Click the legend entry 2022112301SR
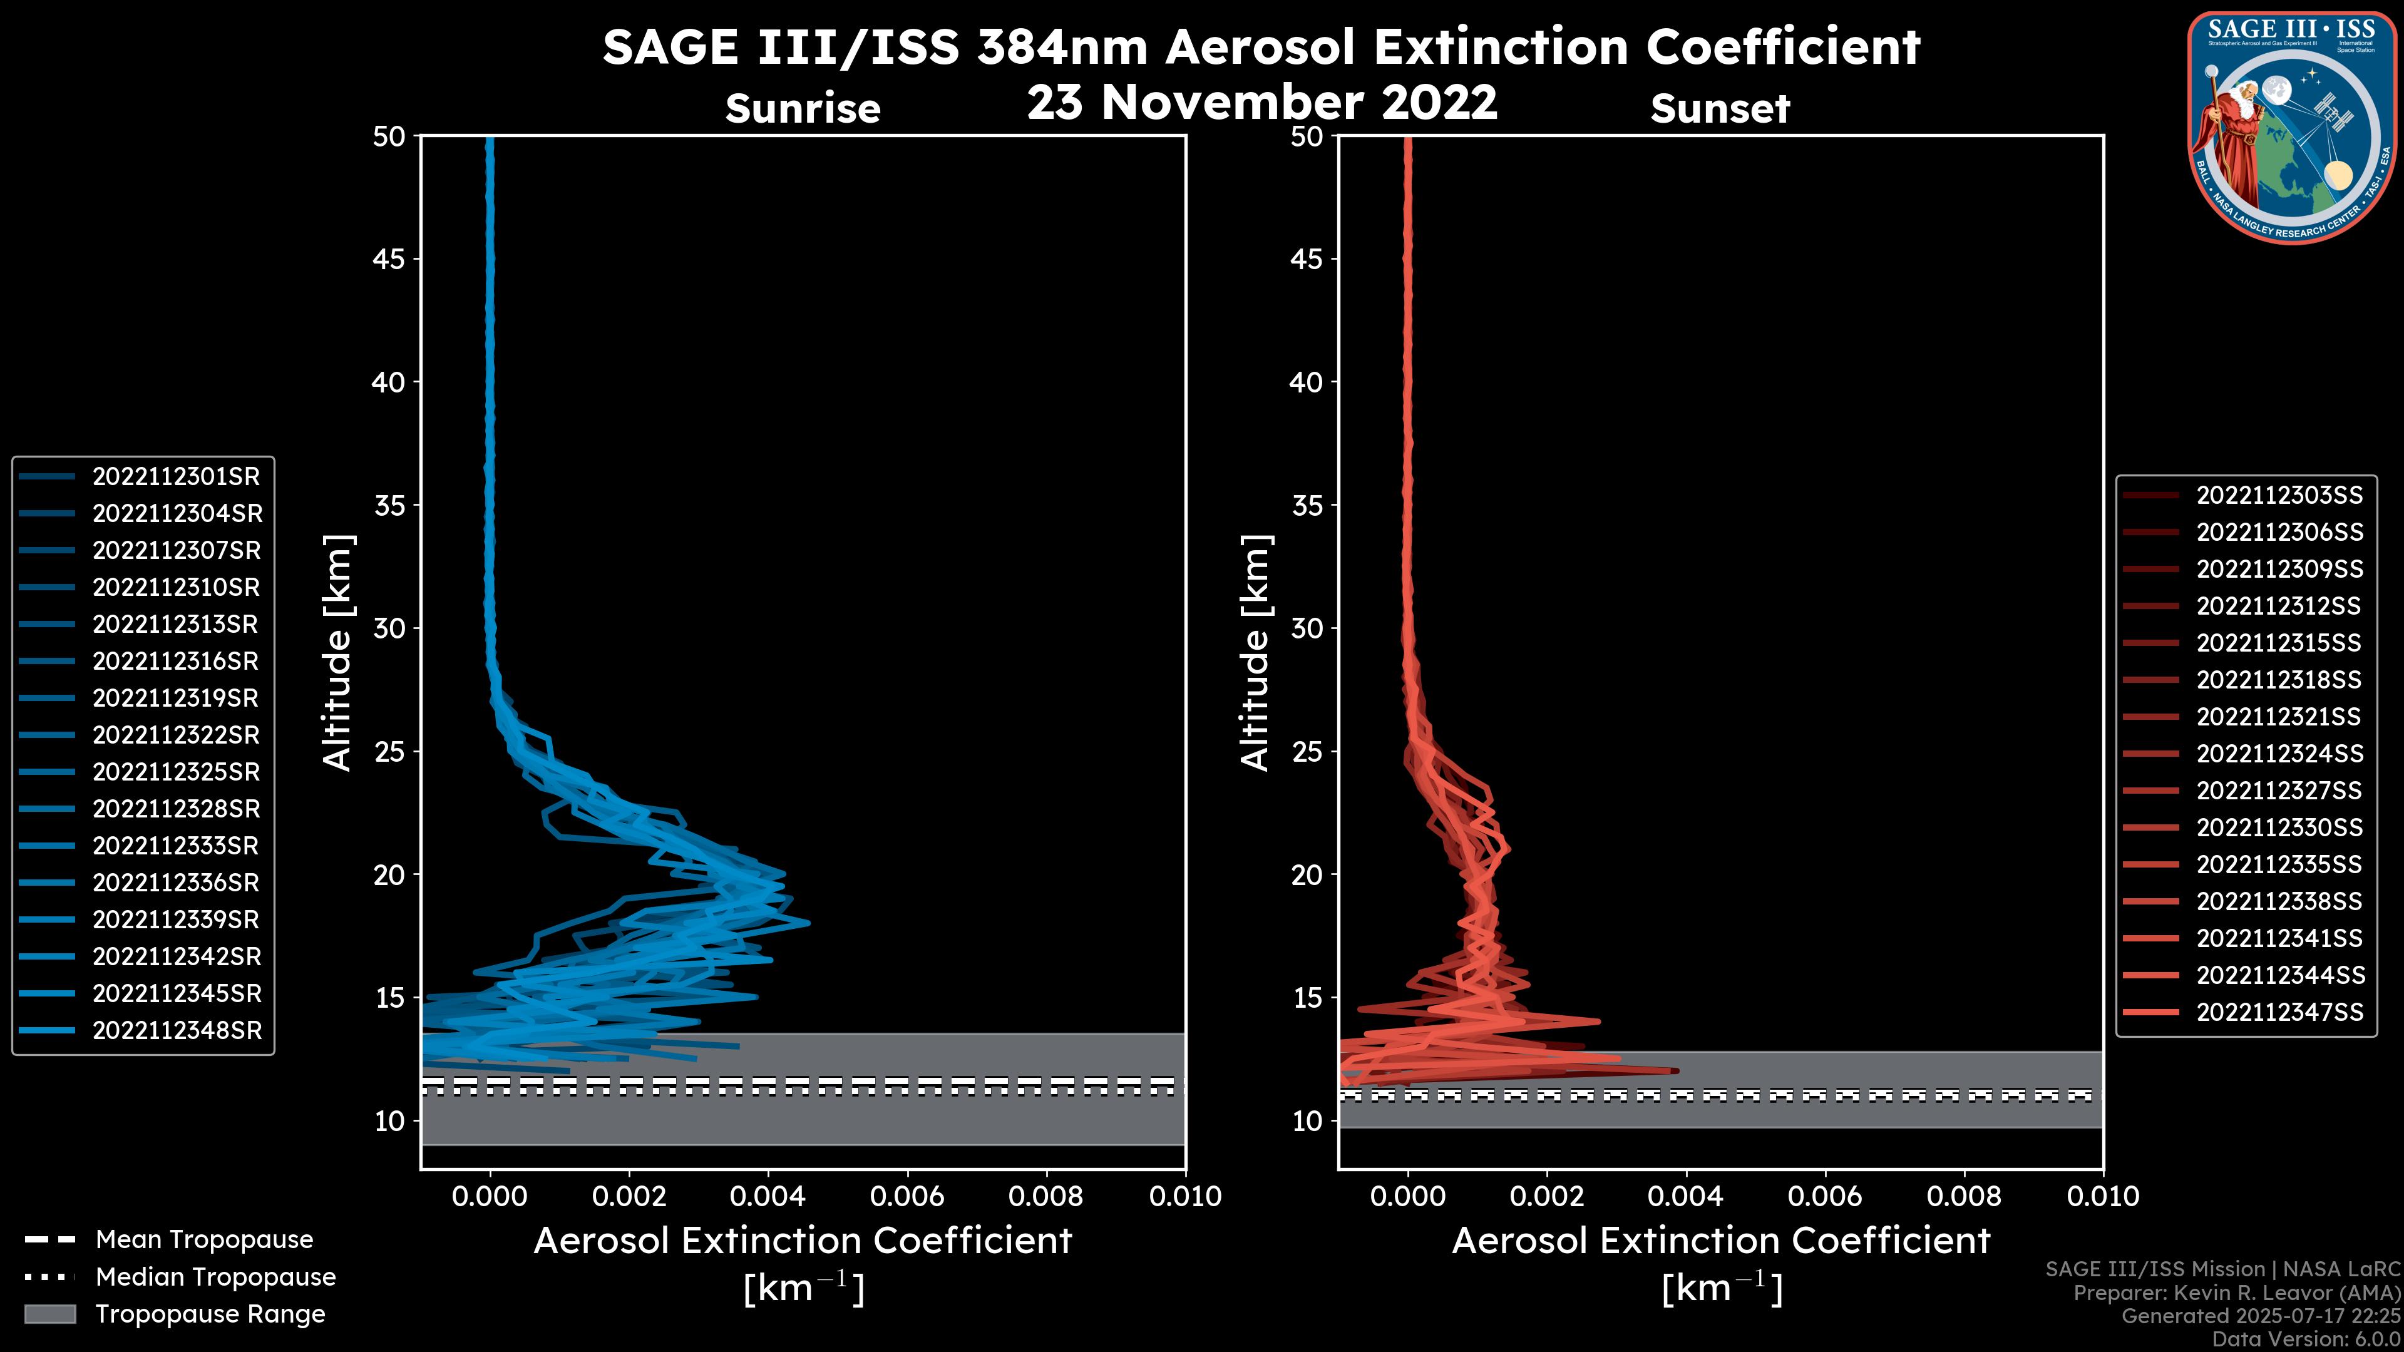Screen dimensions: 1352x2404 pyautogui.click(x=175, y=477)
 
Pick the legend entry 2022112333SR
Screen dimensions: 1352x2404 pyautogui.click(x=175, y=846)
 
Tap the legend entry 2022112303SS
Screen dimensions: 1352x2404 pyautogui.click(x=2279, y=496)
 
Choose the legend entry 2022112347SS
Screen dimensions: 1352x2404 pyautogui.click(x=2279, y=1012)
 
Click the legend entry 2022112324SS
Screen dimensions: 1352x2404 pyautogui.click(x=2279, y=754)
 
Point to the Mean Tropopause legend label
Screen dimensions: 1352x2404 pyautogui.click(x=203, y=1240)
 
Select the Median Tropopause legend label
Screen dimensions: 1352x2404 pyautogui.click(x=215, y=1278)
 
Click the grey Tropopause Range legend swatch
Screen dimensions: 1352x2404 pyautogui.click(x=50, y=1314)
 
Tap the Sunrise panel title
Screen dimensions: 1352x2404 pyautogui.click(x=803, y=109)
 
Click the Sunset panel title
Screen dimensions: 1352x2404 pyautogui.click(x=1720, y=109)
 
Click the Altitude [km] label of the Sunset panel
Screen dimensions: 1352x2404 pyautogui.click(x=1255, y=653)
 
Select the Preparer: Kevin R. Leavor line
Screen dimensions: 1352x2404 pyautogui.click(x=2236, y=1293)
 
